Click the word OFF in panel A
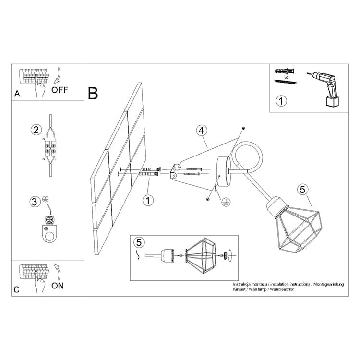[60, 89]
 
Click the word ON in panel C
[57, 286]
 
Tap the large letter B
[93, 93]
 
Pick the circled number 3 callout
[34, 202]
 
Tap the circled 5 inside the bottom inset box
[139, 242]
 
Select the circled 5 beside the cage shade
[302, 189]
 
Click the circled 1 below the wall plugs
[149, 200]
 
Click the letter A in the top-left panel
[17, 94]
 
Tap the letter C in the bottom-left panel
[17, 290]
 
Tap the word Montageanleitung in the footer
[328, 285]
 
